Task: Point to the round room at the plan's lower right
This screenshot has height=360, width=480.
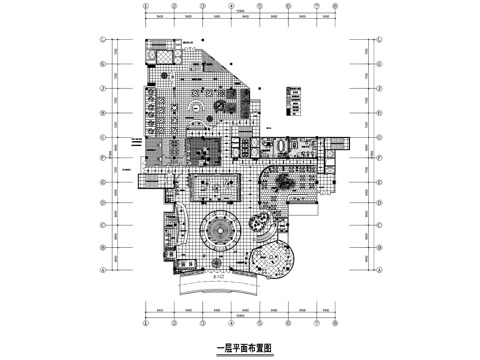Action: coord(269,263)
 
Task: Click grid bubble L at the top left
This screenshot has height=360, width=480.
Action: coord(102,41)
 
